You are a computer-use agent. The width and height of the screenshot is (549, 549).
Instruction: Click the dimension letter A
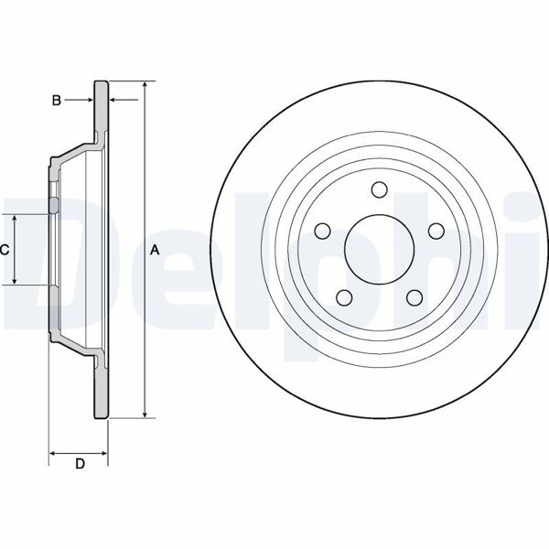[155, 250]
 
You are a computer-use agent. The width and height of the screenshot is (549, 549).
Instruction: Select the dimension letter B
[56, 101]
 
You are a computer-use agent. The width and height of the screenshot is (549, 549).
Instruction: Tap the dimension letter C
[5, 249]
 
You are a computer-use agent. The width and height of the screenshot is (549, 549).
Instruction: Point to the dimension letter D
[80, 464]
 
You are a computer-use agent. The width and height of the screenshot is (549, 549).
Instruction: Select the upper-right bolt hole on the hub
[436, 231]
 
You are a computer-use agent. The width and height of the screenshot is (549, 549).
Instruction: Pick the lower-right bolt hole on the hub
[414, 297]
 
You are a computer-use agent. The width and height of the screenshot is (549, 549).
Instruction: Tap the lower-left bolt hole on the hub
[343, 297]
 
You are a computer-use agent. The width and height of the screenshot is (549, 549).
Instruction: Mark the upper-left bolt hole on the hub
[321, 231]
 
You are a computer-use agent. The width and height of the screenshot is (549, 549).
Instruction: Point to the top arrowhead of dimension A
[145, 84]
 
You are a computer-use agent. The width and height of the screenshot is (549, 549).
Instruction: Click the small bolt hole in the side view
[53, 206]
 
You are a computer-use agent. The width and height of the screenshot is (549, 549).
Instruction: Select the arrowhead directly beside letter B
[89, 101]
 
